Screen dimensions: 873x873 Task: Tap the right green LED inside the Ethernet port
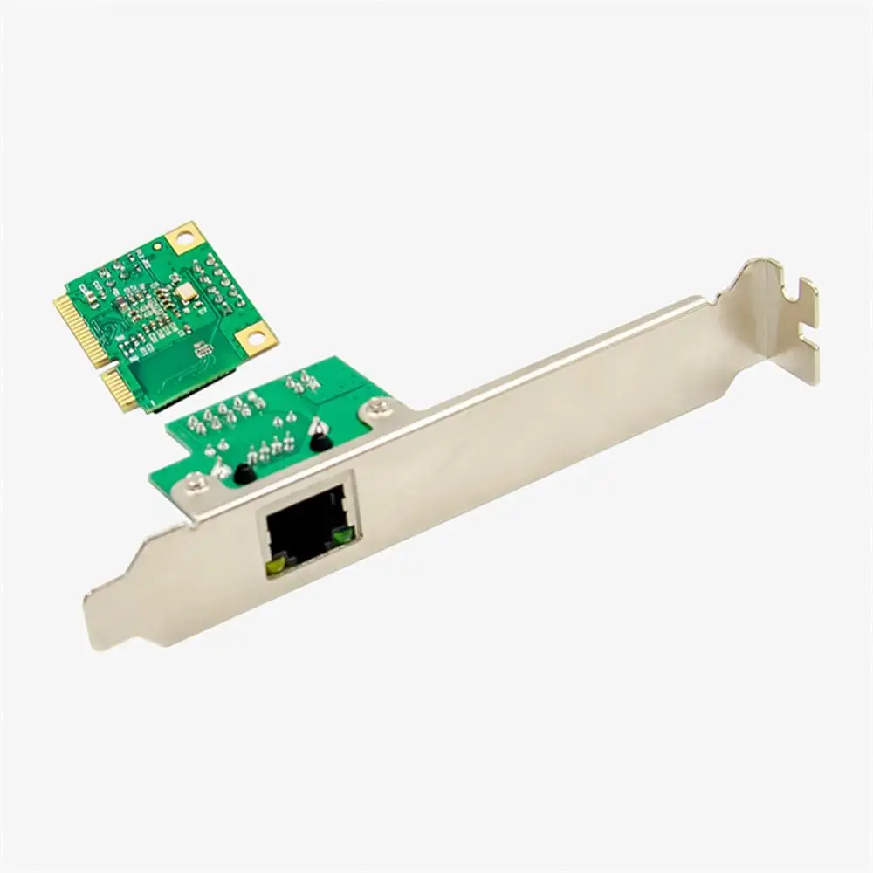pyautogui.click(x=341, y=537)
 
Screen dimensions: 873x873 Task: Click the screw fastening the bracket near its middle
pyautogui.click(x=378, y=404)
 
